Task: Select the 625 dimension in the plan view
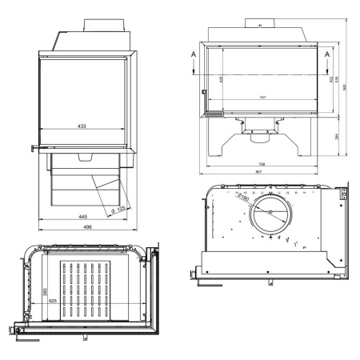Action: click(x=52, y=300)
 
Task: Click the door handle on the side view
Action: click(x=34, y=147)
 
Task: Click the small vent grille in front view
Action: click(x=213, y=114)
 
